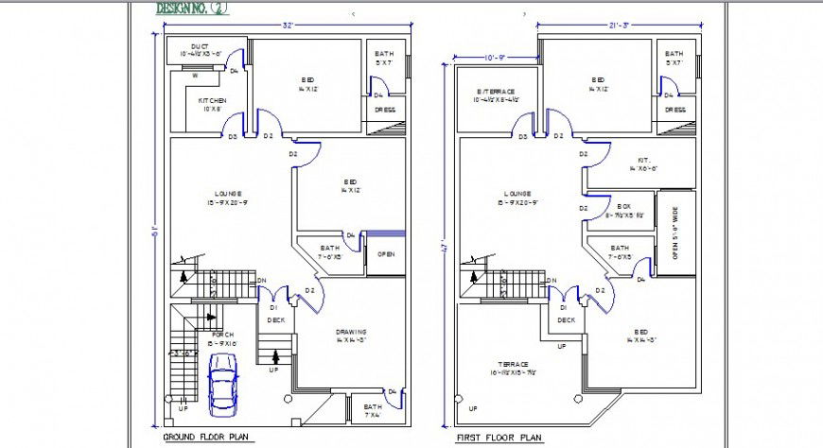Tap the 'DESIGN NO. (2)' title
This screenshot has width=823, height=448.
click(x=193, y=9)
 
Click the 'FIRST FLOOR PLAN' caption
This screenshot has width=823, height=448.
click(x=499, y=439)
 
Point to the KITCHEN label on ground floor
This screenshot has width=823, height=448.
click(x=211, y=100)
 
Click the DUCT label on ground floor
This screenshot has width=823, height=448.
click(x=200, y=46)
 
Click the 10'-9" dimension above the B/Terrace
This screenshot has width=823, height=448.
click(x=494, y=58)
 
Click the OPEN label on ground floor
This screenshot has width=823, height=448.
click(x=386, y=254)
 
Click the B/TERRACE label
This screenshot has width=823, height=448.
click(x=496, y=92)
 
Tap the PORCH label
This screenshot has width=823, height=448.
click(x=223, y=335)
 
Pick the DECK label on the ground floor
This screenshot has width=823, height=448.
click(x=275, y=319)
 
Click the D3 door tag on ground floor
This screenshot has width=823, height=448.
click(x=232, y=136)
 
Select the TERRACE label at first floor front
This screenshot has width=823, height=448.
click(x=512, y=364)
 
